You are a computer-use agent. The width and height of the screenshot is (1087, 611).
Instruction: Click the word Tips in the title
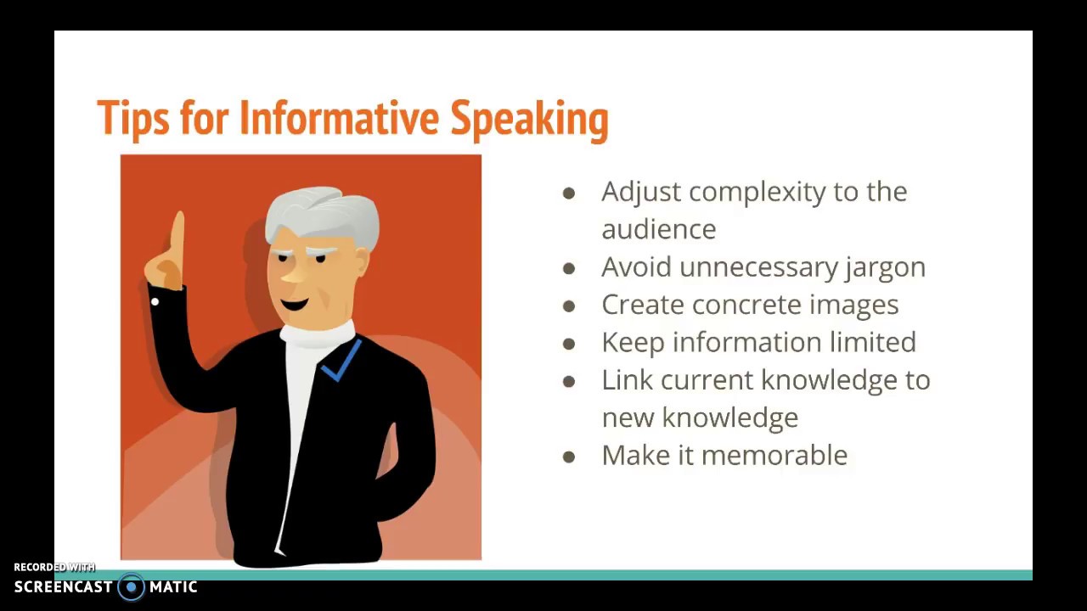tap(133, 118)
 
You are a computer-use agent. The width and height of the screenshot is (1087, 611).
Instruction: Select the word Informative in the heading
tap(339, 117)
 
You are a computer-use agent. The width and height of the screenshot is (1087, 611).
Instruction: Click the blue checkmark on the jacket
tap(341, 362)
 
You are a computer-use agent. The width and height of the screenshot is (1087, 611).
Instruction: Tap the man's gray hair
tap(322, 213)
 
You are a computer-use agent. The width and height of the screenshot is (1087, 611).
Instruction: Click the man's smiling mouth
tap(295, 305)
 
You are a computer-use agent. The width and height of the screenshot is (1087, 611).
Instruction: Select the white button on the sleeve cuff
tap(155, 301)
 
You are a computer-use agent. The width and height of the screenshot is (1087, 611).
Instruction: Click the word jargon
tap(885, 268)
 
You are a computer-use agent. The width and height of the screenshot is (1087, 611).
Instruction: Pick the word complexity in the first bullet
tap(757, 193)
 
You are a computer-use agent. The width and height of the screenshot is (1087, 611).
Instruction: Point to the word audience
tap(658, 230)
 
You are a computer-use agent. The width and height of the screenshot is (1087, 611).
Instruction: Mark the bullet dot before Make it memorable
tap(569, 457)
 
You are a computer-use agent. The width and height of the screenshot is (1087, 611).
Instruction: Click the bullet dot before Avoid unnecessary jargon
tap(569, 269)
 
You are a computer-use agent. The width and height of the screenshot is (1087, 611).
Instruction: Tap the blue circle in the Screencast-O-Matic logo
tap(131, 587)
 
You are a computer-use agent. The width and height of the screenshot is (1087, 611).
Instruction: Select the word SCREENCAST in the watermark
tap(63, 586)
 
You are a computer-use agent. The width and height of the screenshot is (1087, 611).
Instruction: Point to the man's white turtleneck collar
tap(318, 334)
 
